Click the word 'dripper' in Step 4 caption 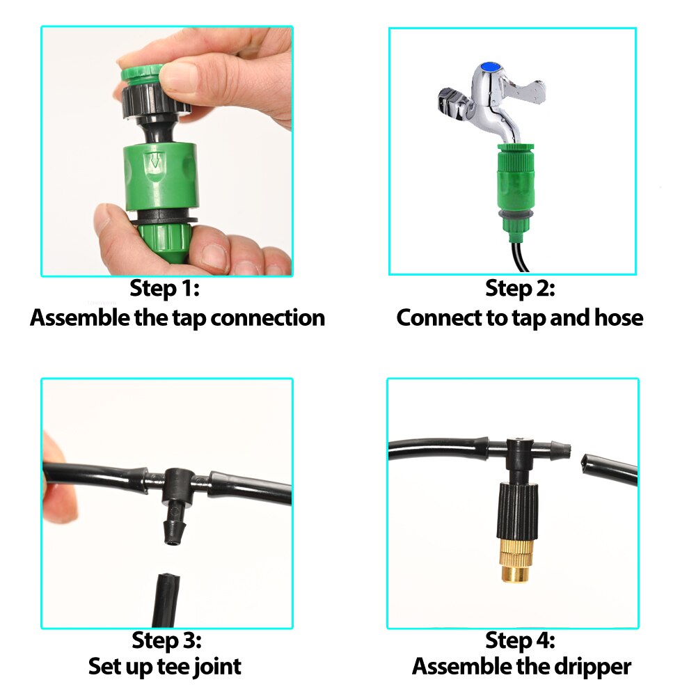pos(595,666)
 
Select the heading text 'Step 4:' pos(520,640)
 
